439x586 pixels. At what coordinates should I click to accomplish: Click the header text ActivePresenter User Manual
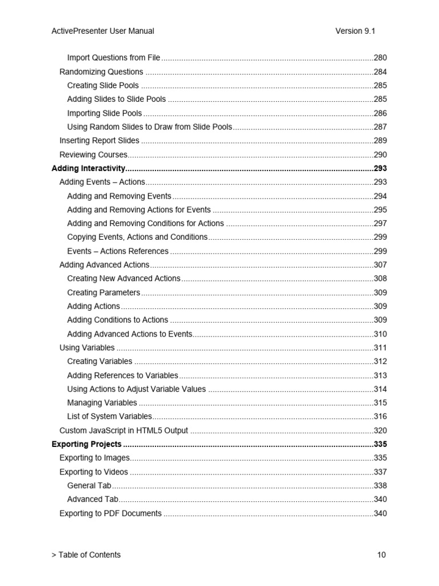[x=102, y=31]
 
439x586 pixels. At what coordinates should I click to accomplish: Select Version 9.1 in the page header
[x=355, y=31]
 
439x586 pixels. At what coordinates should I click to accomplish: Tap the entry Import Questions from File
[x=114, y=58]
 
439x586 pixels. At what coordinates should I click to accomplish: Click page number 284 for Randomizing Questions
[x=380, y=72]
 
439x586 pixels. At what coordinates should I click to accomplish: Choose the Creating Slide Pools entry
[x=103, y=86]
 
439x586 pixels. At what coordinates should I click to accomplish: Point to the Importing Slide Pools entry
[x=105, y=113]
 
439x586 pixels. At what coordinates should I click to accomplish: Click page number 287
[x=380, y=127]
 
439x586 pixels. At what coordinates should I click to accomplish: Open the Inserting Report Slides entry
[x=99, y=141]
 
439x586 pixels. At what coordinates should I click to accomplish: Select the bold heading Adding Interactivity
[x=88, y=168]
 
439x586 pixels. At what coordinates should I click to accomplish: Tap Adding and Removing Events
[x=119, y=196]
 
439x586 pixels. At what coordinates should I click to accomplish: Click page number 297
[x=380, y=223]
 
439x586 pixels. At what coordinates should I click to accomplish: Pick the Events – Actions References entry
[x=118, y=251]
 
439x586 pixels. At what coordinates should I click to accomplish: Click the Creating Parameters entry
[x=103, y=292]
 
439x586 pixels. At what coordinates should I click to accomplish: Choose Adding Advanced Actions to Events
[x=129, y=334]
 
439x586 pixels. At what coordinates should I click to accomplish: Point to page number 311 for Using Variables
[x=380, y=348]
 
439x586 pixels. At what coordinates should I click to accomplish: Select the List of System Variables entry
[x=110, y=417]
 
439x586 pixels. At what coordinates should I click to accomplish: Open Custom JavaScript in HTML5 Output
[x=123, y=431]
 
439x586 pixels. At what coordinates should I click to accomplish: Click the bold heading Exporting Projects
[x=86, y=444]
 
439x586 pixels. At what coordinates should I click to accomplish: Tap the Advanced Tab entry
[x=93, y=500]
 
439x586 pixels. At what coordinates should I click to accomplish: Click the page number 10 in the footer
[x=382, y=555]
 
